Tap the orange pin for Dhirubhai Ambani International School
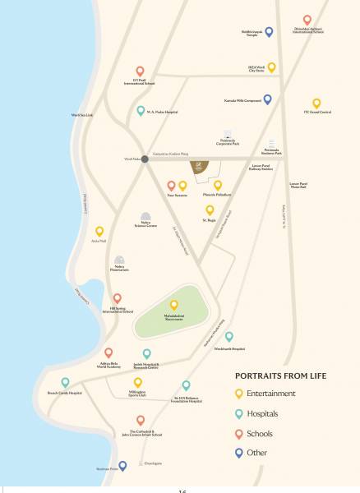tap(307, 19)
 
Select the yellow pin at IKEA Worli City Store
tap(272, 67)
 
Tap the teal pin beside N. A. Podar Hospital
tap(141, 111)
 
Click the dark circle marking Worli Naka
tap(145, 159)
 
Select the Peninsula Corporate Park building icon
tap(228, 133)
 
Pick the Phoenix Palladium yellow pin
tap(218, 186)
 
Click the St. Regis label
tap(210, 220)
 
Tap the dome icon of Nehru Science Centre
tap(145, 214)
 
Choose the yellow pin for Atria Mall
tap(99, 232)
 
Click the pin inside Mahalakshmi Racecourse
tap(173, 305)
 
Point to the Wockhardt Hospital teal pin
tap(229, 337)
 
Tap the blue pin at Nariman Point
tap(122, 466)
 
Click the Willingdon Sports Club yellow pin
tap(138, 382)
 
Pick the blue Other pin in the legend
tap(238, 452)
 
